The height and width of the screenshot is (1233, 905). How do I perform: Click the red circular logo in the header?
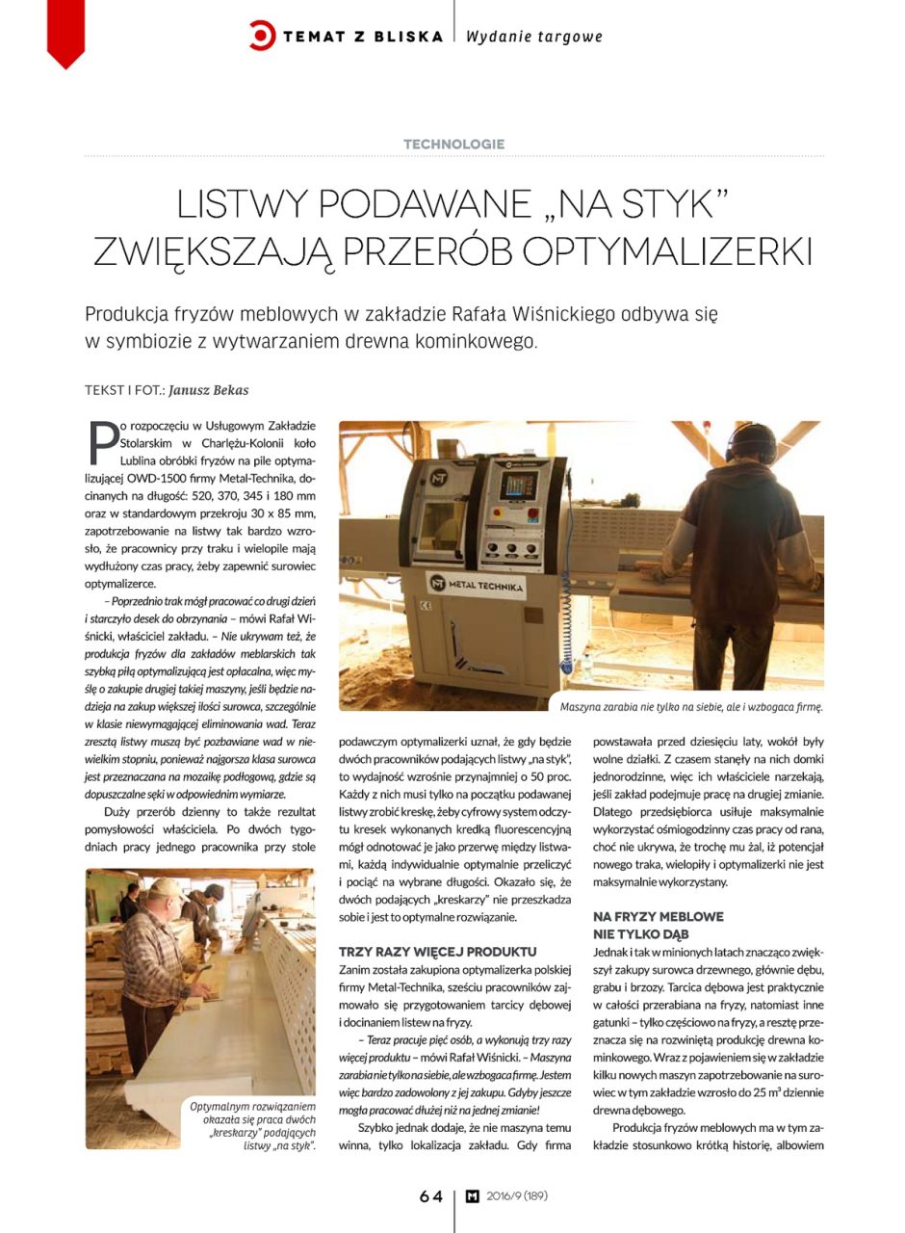tap(262, 36)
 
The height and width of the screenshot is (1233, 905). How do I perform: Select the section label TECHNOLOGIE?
tap(453, 144)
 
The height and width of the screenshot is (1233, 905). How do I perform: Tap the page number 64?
tap(430, 1196)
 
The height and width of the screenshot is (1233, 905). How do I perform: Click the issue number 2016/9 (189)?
tap(517, 1196)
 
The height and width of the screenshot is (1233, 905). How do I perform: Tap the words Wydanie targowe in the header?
tap(534, 37)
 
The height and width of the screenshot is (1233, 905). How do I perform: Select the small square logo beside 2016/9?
tap(472, 1196)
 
